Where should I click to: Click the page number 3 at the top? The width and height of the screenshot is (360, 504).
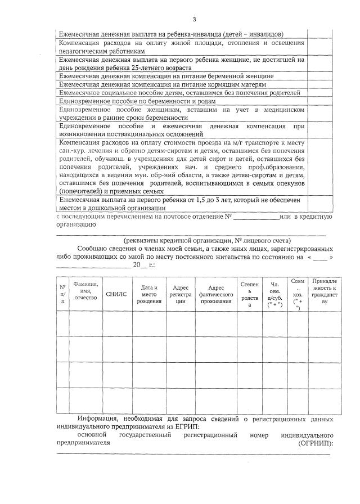point(194,20)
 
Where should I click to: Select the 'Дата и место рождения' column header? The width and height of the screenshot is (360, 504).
point(149,294)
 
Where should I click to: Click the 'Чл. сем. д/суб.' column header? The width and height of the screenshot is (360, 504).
point(275,294)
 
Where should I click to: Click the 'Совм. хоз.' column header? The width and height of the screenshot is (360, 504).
point(298,294)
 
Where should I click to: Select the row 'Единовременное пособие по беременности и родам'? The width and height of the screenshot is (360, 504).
point(137,101)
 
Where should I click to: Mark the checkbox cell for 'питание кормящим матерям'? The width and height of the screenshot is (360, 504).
point(318,84)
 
